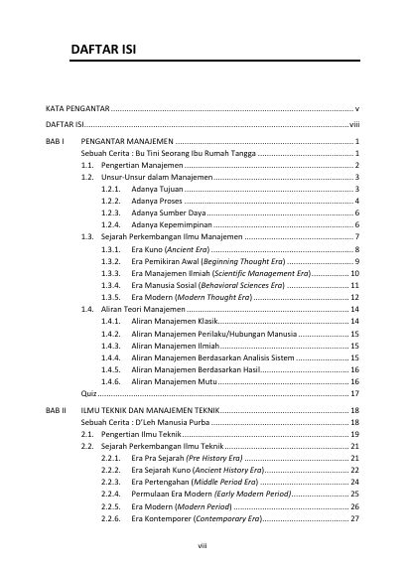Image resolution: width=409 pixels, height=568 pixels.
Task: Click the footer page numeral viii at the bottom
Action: click(x=204, y=545)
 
